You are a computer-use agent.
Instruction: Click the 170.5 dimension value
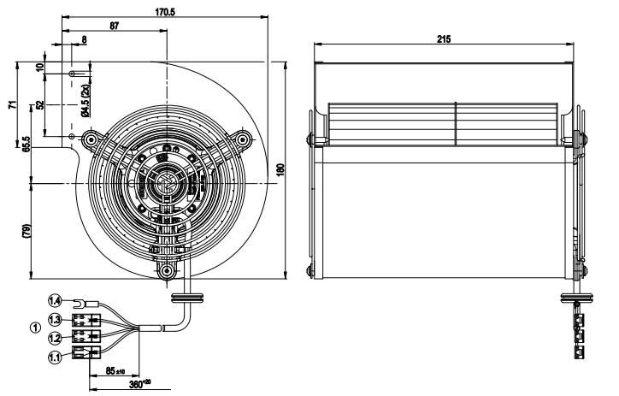[x=166, y=12]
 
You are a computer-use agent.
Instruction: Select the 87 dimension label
[x=114, y=27]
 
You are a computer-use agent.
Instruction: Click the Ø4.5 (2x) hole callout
[x=84, y=100]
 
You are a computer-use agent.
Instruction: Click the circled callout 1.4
[x=54, y=301]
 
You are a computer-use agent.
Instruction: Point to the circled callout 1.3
[x=54, y=319]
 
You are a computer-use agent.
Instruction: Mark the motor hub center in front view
[x=166, y=182]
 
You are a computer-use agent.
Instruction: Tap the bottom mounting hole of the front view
[x=166, y=273]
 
